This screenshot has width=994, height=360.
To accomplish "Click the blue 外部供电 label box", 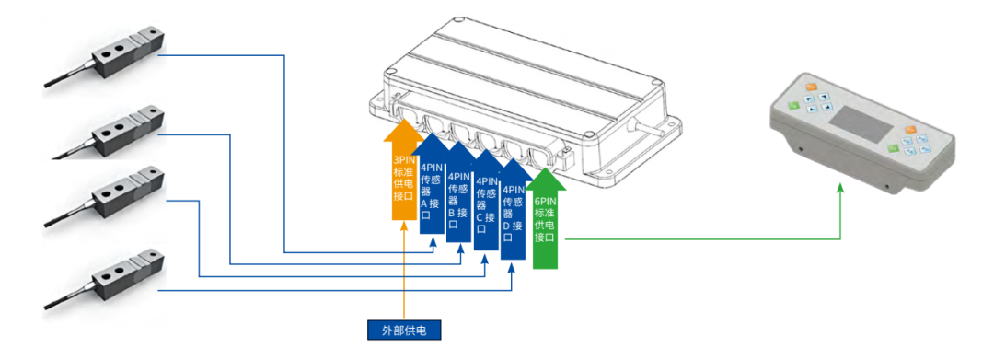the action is pyautogui.click(x=404, y=331).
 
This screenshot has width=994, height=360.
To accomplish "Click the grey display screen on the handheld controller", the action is pyautogui.click(x=861, y=123).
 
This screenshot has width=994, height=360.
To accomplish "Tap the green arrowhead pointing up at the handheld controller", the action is pyautogui.click(x=840, y=188).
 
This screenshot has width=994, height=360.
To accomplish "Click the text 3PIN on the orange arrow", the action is pyautogui.click(x=404, y=160).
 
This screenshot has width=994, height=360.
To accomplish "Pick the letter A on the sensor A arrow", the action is pyautogui.click(x=425, y=203).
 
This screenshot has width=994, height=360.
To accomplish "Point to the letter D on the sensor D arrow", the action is pyautogui.click(x=506, y=226).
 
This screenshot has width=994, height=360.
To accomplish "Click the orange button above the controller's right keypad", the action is pyautogui.click(x=911, y=131).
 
